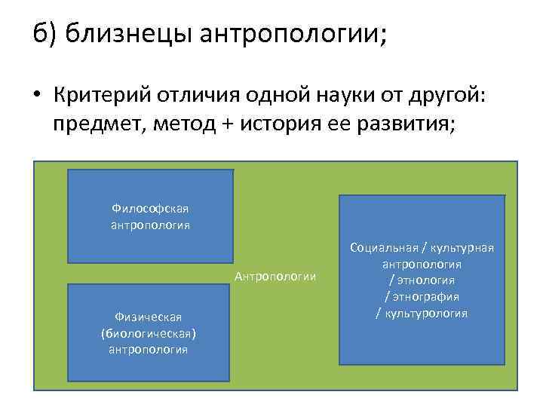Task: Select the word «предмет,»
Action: coord(97,124)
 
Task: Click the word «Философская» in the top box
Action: coord(150,208)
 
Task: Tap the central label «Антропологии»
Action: coord(275,277)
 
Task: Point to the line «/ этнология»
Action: coord(422,280)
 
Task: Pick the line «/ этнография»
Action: coord(422,296)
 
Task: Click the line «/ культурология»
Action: coord(422,313)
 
